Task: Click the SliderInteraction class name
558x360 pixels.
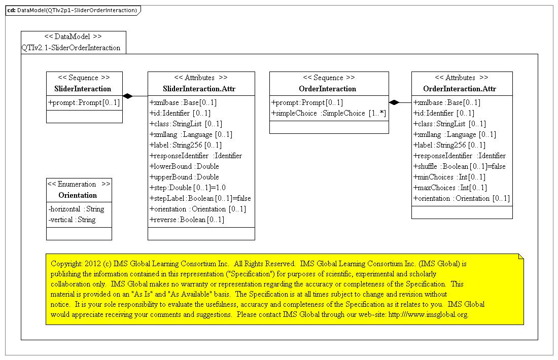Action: coord(84,89)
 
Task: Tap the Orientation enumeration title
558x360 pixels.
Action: coord(79,195)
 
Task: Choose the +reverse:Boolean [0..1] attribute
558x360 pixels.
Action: coord(187,220)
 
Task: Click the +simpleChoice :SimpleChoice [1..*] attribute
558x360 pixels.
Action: coord(329,113)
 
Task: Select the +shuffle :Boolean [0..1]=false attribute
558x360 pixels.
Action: coord(460,166)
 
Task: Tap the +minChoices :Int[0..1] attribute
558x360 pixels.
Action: coord(449,177)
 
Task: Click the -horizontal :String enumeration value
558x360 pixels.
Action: coord(76,209)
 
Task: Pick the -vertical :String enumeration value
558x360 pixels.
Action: coord(72,220)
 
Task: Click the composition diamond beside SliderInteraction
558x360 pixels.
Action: coord(128,96)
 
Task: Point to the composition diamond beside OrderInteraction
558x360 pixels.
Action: coord(394,102)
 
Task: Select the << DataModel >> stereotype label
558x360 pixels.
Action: coord(73,37)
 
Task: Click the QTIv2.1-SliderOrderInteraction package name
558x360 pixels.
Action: coord(71,48)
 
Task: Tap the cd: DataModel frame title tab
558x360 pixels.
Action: coord(72,10)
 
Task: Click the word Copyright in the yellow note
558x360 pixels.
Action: coord(67,264)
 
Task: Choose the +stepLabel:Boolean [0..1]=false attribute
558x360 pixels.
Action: coord(200,198)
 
